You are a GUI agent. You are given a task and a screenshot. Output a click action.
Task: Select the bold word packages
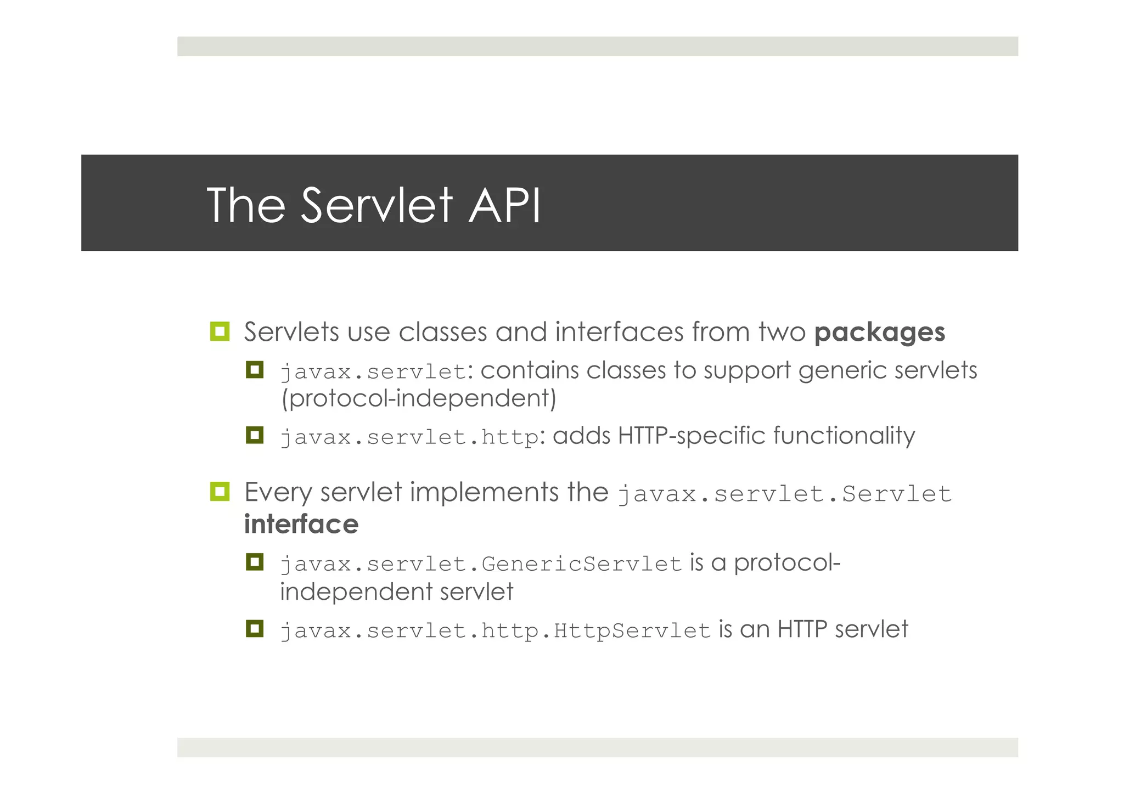[879, 333]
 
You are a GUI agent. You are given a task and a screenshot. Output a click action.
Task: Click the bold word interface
[301, 524]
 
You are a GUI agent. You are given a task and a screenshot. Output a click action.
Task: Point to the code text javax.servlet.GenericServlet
[481, 565]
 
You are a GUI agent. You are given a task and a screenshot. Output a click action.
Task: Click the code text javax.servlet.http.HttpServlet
[495, 631]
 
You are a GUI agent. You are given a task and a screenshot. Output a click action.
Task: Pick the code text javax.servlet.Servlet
[784, 494]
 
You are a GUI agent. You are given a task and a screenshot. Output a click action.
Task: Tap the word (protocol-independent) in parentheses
[419, 398]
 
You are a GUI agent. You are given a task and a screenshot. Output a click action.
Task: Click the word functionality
[844, 436]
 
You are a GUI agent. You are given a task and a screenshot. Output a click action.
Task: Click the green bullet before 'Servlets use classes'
[220, 331]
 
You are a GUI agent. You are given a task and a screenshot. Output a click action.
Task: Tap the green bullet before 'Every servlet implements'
[220, 491]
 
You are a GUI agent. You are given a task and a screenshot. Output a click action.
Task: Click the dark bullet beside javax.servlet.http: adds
[255, 436]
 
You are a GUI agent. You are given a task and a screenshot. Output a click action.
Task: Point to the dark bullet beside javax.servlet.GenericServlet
[255, 562]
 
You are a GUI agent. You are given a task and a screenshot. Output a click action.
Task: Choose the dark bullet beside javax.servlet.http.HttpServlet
[255, 628]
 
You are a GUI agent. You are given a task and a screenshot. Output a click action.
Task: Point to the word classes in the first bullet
[442, 333]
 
